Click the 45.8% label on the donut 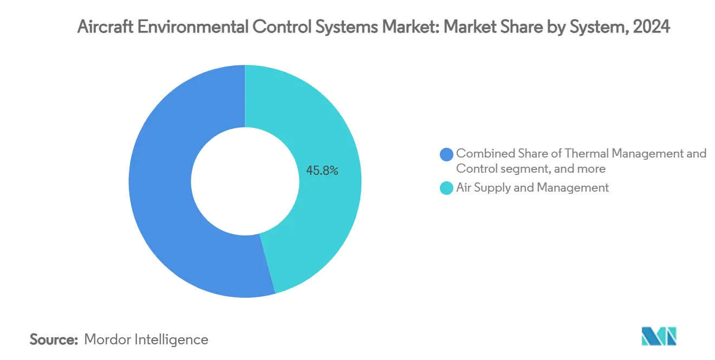tap(322, 171)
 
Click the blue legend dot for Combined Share tap(447, 154)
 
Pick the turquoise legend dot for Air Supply tap(447, 188)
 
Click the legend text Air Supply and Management tap(532, 188)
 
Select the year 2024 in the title tap(653, 27)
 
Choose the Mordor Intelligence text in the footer tap(146, 340)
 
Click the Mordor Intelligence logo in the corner tap(659, 336)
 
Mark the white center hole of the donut tap(245, 181)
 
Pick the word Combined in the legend tap(481, 154)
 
